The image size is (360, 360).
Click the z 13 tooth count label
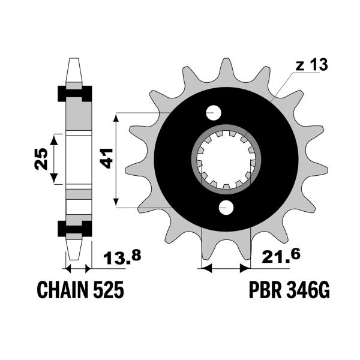pyautogui.click(x=311, y=65)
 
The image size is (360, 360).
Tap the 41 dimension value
pyautogui.click(x=107, y=158)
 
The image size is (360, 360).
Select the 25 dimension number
pyautogui.click(x=41, y=159)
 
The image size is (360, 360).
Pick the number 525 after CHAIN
pyautogui.click(x=109, y=290)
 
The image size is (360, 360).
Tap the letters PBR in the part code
pyautogui.click(x=265, y=290)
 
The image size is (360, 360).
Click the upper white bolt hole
pyautogui.click(x=214, y=113)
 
